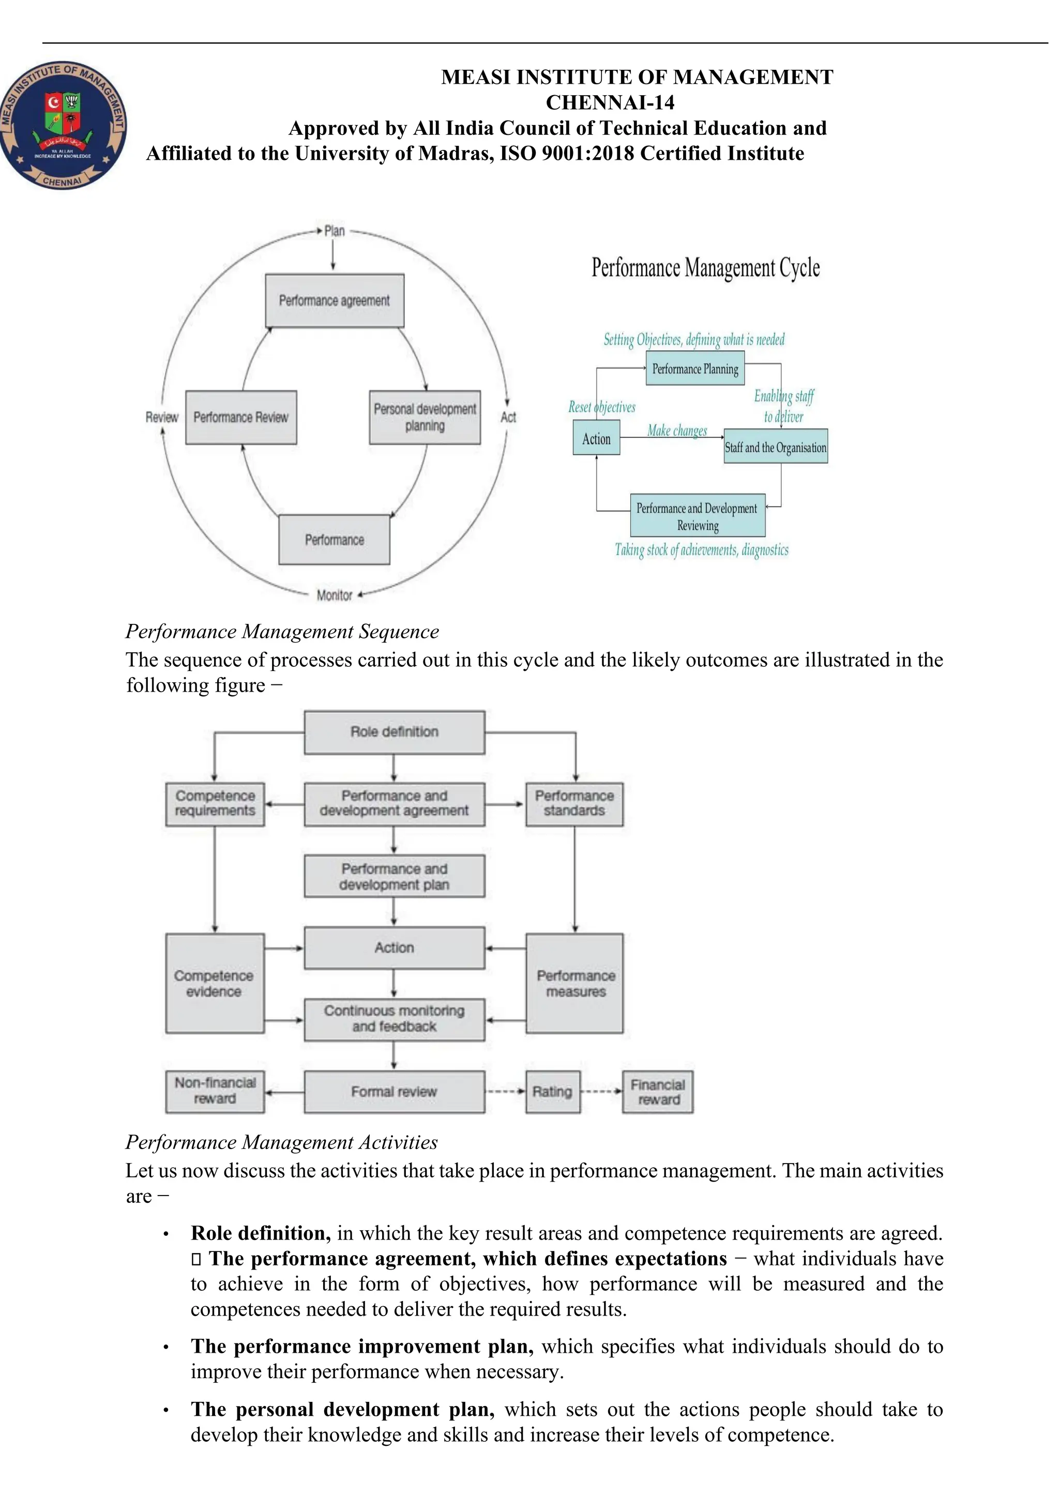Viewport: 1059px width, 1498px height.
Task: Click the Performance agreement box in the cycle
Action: pyautogui.click(x=334, y=301)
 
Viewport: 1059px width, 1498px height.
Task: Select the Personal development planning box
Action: pyautogui.click(x=425, y=418)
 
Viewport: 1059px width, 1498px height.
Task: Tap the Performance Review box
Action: pyautogui.click(x=241, y=418)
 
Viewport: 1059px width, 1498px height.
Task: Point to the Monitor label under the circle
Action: pyautogui.click(x=334, y=595)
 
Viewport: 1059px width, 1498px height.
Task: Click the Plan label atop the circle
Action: pyautogui.click(x=334, y=231)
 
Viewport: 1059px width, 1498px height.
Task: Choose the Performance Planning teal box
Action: pyautogui.click(x=695, y=369)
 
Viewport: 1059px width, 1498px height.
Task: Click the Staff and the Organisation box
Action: pyautogui.click(x=775, y=447)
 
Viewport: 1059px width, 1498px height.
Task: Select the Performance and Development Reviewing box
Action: pyautogui.click(x=697, y=516)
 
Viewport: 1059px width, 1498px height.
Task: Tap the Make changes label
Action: pyautogui.click(x=677, y=431)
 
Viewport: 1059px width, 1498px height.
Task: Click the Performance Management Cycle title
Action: pyautogui.click(x=705, y=268)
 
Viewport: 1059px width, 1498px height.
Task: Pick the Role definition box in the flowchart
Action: pyautogui.click(x=394, y=732)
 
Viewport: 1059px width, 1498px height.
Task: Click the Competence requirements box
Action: pyautogui.click(x=215, y=804)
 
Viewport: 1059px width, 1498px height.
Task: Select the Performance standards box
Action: pyautogui.click(x=574, y=804)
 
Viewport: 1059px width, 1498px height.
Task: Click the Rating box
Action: pyautogui.click(x=552, y=1092)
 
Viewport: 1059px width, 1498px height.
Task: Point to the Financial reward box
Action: pyautogui.click(x=657, y=1092)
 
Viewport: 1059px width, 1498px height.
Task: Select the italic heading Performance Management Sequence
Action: pyautogui.click(x=282, y=632)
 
